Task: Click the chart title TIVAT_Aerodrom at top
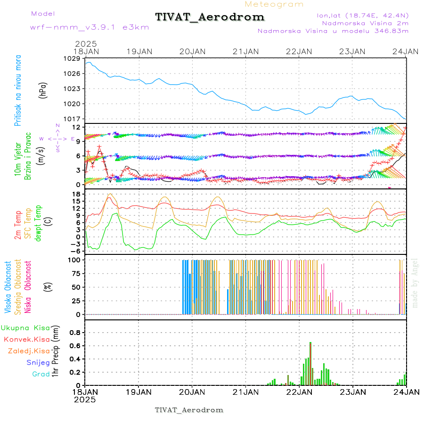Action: (210, 17)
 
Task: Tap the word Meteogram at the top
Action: (274, 4)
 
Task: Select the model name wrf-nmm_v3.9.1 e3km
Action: (77, 27)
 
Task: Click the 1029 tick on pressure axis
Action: (73, 58)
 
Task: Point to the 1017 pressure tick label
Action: (73, 119)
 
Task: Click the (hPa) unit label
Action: (43, 90)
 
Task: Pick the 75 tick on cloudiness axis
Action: (75, 273)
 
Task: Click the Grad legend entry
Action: (41, 374)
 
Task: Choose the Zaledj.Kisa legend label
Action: (29, 351)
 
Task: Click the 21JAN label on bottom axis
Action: (245, 392)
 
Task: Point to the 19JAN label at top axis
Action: (139, 51)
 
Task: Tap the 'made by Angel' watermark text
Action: (415, 283)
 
